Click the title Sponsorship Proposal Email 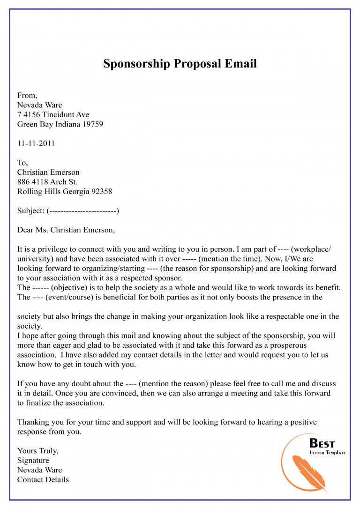[180, 64]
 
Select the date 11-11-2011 [36, 143]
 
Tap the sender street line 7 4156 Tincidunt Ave [53, 115]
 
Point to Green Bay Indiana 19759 [60, 124]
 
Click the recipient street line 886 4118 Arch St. [47, 182]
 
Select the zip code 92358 [102, 191]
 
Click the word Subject [30, 211]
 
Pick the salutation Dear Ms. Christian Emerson [66, 230]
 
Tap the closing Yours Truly [37, 451]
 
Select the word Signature [33, 460]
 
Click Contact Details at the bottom [43, 479]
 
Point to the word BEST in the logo [322, 443]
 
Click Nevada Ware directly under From [39, 105]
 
